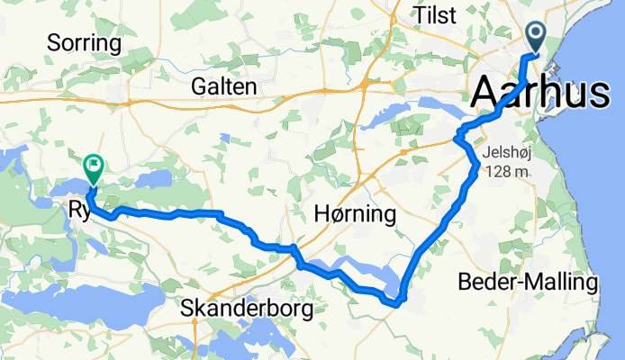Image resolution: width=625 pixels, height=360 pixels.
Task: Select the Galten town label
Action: pos(224,86)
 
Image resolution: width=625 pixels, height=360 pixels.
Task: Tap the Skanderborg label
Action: pos(247,309)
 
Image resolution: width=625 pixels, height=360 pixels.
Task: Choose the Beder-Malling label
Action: pos(528,282)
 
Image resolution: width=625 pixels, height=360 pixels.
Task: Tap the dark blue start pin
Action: pos(536,37)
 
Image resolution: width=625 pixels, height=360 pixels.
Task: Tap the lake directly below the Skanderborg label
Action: pos(247,338)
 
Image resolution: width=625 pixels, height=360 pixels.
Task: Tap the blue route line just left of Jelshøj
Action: pos(472,157)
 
